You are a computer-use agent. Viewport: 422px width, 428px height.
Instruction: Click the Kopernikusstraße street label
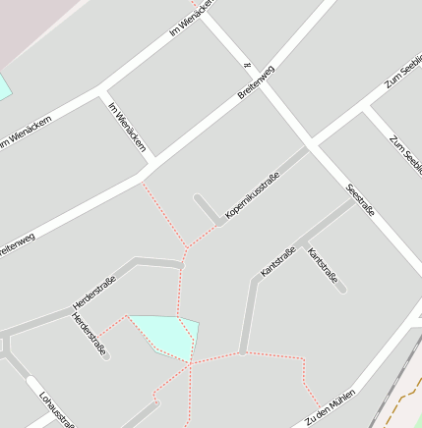pos(253,193)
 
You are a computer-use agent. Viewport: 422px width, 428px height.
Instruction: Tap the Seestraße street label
pos(361,200)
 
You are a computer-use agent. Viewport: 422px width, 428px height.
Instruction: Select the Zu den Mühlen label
pos(330,406)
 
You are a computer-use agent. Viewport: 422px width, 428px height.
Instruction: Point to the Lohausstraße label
pos(57,409)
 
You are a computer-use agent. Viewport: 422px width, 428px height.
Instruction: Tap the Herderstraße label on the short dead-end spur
pos(89,334)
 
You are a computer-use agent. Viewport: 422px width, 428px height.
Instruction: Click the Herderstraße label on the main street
pos(94,293)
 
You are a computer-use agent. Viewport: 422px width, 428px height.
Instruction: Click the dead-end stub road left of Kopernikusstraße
pos(207,210)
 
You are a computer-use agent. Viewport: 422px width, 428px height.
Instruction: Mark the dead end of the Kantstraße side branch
pos(341,290)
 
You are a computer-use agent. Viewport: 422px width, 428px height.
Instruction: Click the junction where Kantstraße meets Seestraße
pos(354,201)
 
